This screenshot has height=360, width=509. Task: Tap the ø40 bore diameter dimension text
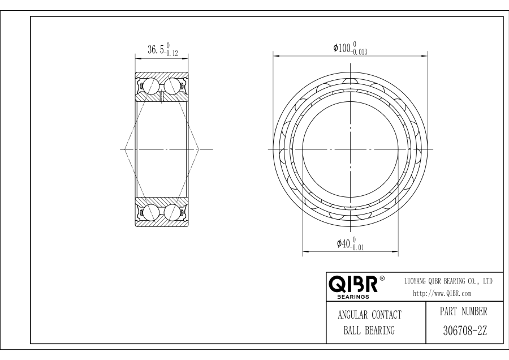pos(344,243)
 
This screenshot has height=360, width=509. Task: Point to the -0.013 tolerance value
pos(359,52)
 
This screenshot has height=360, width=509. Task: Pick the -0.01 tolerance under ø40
pos(357,247)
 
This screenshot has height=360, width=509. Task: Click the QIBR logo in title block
pos(353,284)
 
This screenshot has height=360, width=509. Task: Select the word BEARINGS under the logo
pos(353,297)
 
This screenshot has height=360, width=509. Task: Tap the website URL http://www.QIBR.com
pos(442,294)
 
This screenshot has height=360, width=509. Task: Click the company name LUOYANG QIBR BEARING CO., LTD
pos(448,281)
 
